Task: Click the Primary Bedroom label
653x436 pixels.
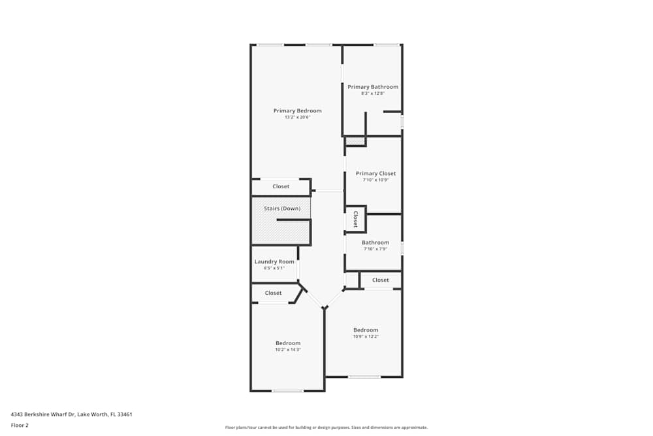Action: point(297,110)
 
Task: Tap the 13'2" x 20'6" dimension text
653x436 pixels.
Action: point(297,117)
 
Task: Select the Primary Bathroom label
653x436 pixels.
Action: point(373,87)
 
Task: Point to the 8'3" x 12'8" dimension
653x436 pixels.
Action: point(373,93)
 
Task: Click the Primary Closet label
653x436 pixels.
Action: point(375,173)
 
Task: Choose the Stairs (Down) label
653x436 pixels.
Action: point(282,209)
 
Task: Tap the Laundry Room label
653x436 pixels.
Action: point(274,261)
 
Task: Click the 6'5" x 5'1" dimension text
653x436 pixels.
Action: point(274,268)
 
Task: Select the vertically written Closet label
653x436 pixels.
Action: point(356,219)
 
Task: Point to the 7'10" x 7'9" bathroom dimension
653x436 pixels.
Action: point(375,249)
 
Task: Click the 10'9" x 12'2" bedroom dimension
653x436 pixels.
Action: point(366,337)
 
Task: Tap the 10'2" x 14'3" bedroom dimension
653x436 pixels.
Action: point(288,350)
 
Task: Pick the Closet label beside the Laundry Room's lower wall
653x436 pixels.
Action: point(273,293)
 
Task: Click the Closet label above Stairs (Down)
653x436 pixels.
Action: point(281,186)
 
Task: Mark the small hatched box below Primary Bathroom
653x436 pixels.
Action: point(355,142)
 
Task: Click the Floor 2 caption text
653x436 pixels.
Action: point(20,425)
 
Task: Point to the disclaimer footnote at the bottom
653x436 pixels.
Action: point(326,428)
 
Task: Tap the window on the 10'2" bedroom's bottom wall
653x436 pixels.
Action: point(287,391)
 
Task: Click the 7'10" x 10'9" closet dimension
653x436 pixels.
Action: point(375,180)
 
